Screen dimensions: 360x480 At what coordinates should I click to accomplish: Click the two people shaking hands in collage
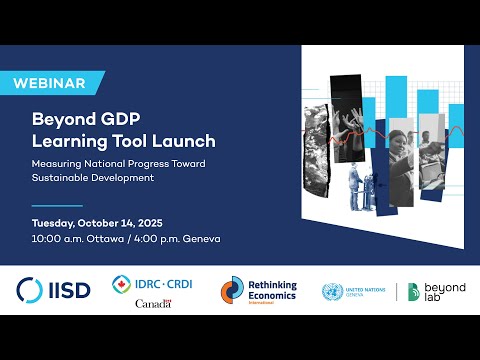(x=359, y=184)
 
